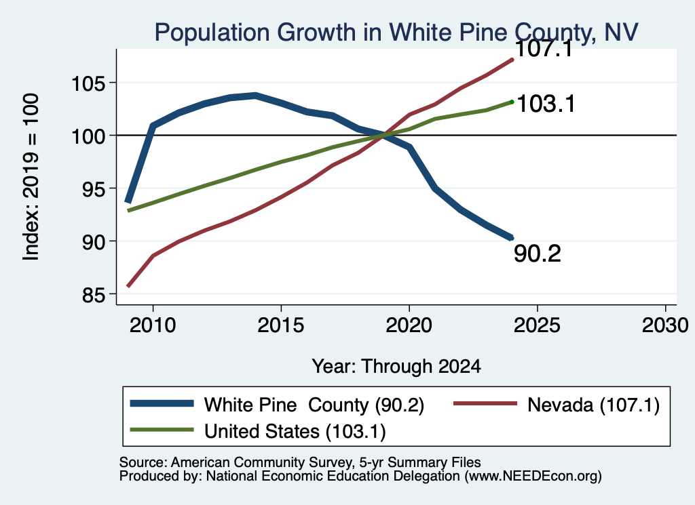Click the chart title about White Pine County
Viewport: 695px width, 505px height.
pyautogui.click(x=396, y=33)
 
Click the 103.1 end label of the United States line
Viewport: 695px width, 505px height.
pyautogui.click(x=546, y=104)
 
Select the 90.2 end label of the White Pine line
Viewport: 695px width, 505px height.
pyautogui.click(x=538, y=254)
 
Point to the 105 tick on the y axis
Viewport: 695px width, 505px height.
pyautogui.click(x=89, y=83)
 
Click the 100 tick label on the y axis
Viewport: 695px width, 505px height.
pyautogui.click(x=89, y=136)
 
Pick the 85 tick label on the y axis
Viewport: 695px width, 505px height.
pyautogui.click(x=94, y=294)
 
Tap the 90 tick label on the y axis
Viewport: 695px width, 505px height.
pyautogui.click(x=94, y=241)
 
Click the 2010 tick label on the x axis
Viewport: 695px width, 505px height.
pyautogui.click(x=153, y=325)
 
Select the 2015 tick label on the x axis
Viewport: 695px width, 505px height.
pyautogui.click(x=281, y=325)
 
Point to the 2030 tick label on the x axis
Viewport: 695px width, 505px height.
pyautogui.click(x=665, y=325)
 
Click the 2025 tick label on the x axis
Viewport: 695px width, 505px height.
pyautogui.click(x=538, y=325)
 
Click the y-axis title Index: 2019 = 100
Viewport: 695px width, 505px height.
pyautogui.click(x=31, y=177)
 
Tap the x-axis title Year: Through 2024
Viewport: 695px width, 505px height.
pyautogui.click(x=396, y=367)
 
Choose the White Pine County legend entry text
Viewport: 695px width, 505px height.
pyautogui.click(x=314, y=405)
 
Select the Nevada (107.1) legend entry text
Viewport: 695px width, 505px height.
pyautogui.click(x=593, y=405)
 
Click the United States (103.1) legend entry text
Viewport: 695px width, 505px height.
pyautogui.click(x=295, y=432)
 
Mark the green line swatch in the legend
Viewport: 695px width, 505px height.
pyautogui.click(x=162, y=430)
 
